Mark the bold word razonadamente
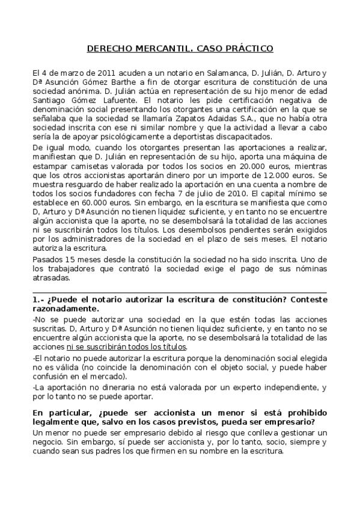click(64, 309)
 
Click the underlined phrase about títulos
click(143, 346)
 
